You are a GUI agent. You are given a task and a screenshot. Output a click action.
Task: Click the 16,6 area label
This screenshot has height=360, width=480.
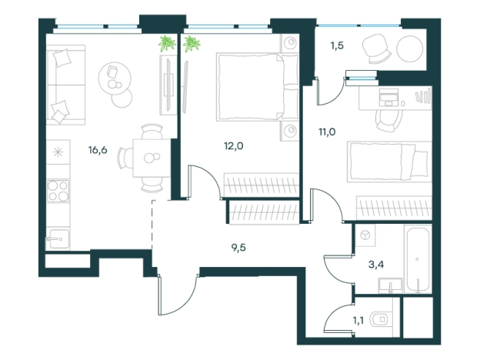(x=98, y=150)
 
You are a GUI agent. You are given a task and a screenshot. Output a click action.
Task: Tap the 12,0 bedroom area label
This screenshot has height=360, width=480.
(x=234, y=146)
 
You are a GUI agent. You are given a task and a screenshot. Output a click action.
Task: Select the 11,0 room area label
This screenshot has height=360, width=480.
(x=327, y=132)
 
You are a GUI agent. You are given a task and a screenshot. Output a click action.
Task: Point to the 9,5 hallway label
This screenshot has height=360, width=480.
(x=238, y=248)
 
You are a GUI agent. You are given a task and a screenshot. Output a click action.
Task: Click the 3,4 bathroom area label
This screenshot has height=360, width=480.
(x=376, y=264)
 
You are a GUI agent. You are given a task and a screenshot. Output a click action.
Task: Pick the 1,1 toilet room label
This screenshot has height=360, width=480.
(x=358, y=321)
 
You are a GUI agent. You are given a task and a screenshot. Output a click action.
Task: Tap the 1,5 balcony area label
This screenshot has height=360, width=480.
(x=337, y=45)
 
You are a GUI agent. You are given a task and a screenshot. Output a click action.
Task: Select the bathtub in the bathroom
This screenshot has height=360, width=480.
(x=418, y=259)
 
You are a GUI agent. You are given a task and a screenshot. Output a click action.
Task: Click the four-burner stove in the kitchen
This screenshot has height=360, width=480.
(x=58, y=191)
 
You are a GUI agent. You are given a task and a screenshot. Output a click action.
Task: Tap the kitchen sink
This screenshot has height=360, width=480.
(x=58, y=239)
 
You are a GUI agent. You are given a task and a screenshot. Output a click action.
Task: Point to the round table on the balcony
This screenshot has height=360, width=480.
(x=409, y=48)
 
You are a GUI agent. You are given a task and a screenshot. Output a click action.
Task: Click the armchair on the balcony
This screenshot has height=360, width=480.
(x=376, y=48)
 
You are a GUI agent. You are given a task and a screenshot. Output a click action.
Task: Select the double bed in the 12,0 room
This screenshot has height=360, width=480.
(x=257, y=87)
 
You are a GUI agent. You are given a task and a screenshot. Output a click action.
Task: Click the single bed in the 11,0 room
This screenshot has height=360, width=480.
(x=389, y=162)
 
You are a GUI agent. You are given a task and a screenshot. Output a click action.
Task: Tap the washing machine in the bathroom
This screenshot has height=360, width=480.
(x=365, y=235)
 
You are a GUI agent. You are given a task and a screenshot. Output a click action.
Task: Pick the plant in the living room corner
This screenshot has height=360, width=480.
(x=167, y=44)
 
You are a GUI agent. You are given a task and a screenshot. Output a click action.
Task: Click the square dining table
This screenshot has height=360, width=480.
(x=152, y=158)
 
